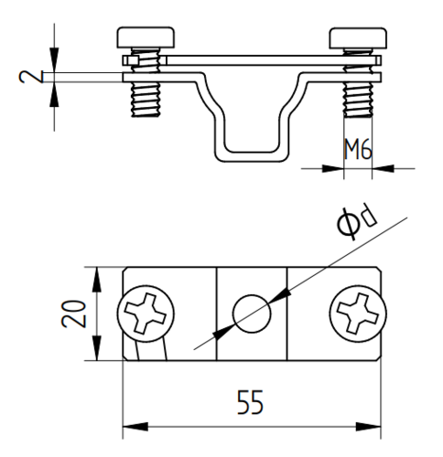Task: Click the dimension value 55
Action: [x=250, y=402]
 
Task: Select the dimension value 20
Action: [x=74, y=314]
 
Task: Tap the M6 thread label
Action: [x=358, y=149]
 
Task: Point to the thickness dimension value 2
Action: [x=31, y=77]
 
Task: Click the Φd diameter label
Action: [x=357, y=222]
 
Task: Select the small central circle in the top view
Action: [x=252, y=314]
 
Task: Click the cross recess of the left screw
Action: [x=146, y=314]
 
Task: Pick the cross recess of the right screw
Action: [x=358, y=314]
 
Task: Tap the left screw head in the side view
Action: [x=146, y=37]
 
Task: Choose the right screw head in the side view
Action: [x=358, y=37]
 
